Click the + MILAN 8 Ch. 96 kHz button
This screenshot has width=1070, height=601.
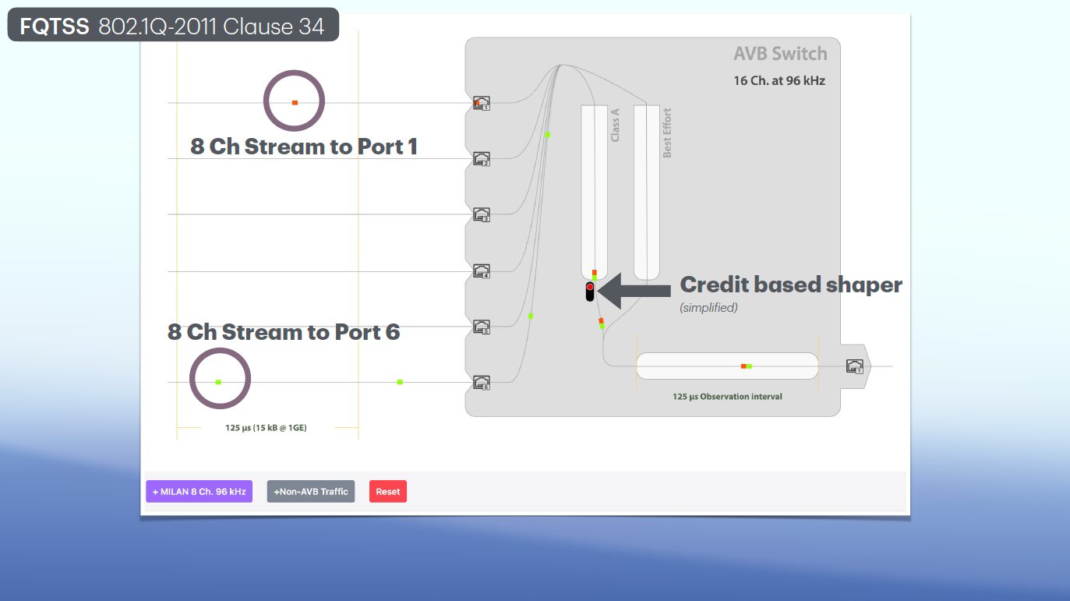click(200, 491)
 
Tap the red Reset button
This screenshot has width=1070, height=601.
click(388, 491)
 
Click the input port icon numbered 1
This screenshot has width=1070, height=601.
click(482, 103)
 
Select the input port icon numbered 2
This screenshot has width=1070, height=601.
click(482, 159)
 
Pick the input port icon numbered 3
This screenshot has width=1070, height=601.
click(482, 215)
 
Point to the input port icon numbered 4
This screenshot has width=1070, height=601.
click(482, 271)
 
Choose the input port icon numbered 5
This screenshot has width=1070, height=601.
click(482, 327)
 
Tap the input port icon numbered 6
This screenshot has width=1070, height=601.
click(482, 383)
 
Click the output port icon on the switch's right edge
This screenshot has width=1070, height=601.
click(855, 366)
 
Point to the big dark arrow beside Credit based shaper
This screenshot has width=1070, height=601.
click(634, 291)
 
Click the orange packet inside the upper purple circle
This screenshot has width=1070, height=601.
click(295, 103)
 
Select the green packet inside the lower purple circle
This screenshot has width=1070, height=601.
click(218, 382)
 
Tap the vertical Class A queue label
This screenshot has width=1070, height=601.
click(615, 126)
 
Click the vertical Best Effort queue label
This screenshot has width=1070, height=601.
click(667, 133)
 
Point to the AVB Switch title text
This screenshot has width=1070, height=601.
click(780, 54)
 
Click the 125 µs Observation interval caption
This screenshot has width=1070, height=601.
click(727, 397)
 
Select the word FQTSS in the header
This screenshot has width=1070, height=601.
click(55, 27)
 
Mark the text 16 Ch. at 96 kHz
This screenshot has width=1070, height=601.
click(779, 81)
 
